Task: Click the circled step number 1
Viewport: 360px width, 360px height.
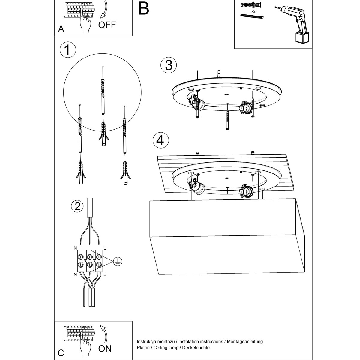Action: pos(68,49)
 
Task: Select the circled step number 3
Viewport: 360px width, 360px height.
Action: pos(169,65)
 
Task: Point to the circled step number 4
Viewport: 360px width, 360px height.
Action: pos(160,140)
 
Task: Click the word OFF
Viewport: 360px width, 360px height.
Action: pos(107,25)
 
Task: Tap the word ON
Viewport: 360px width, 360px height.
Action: pos(105,349)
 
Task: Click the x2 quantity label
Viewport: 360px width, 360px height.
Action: pos(253,11)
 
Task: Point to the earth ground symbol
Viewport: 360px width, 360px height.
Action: pos(118,262)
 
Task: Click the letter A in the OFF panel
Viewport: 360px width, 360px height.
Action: pos(61,29)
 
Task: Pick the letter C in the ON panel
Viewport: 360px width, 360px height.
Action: pos(61,353)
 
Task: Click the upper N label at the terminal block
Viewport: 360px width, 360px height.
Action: pos(75,248)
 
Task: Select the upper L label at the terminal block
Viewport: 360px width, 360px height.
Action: pos(104,248)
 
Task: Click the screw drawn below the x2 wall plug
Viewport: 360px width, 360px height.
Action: pos(252,16)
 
